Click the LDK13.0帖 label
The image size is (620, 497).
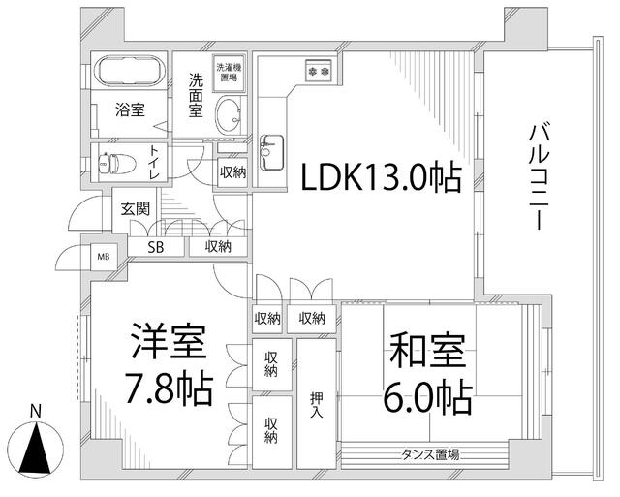click(x=379, y=178)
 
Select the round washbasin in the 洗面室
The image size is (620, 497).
click(x=231, y=115)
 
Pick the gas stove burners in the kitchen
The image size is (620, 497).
click(x=319, y=70)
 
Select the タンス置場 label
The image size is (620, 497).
click(x=430, y=453)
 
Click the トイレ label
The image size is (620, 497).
click(x=155, y=162)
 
